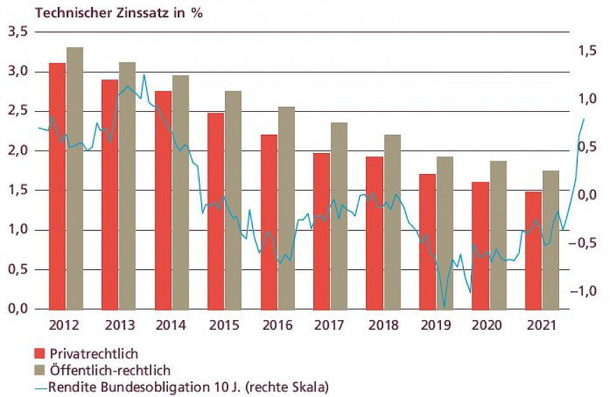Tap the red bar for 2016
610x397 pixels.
click(269, 222)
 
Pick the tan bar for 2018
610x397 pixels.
click(393, 222)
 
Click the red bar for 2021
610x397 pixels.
click(532, 250)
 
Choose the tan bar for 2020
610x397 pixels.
click(498, 235)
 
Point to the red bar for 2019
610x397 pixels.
click(428, 241)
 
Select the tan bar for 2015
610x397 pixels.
click(233, 199)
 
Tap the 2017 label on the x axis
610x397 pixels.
click(329, 325)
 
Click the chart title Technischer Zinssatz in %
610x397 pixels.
click(119, 12)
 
